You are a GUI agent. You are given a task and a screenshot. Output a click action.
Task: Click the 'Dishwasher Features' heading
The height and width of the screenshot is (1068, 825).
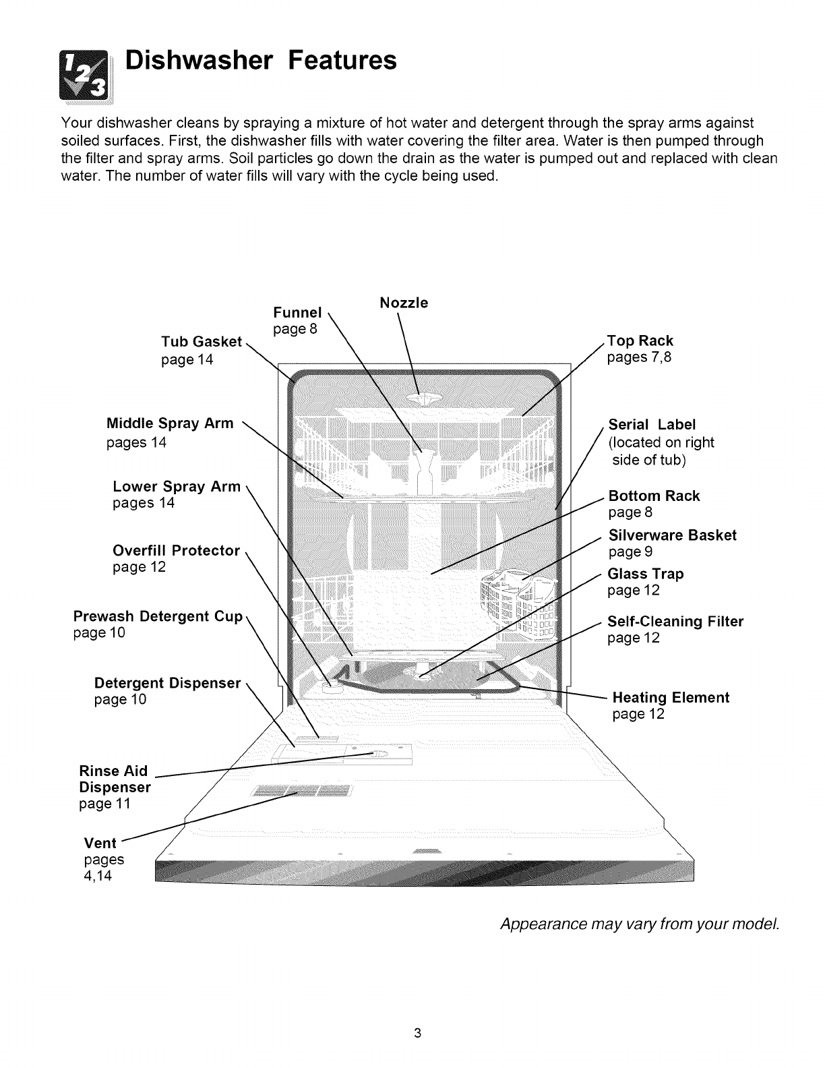262,61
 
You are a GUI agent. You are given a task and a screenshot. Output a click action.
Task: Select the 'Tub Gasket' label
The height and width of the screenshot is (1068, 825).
201,342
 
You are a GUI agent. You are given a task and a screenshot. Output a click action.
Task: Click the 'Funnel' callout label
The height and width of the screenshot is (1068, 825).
297,313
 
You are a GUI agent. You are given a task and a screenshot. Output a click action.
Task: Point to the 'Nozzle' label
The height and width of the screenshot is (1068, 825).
404,303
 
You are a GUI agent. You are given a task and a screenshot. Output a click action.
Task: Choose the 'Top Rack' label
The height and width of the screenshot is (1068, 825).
640,341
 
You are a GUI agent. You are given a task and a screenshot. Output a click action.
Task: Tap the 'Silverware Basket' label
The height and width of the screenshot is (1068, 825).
672,535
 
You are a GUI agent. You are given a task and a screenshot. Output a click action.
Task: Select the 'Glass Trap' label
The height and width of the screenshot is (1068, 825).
646,574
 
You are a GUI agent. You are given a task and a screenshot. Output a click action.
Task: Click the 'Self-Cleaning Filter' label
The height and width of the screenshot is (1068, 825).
675,622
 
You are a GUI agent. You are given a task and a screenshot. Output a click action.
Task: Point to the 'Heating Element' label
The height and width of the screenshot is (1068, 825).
671,698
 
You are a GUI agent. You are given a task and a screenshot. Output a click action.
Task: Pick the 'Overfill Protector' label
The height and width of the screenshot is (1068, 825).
176,551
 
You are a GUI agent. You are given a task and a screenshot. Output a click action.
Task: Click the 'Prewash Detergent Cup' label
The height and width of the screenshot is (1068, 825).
157,617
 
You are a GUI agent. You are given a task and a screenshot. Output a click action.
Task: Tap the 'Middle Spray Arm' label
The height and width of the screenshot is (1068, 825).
170,424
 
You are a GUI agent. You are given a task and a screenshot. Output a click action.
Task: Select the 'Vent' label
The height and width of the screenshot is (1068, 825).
100,843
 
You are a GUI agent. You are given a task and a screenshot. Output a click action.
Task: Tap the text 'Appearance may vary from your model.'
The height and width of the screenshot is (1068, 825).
639,923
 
